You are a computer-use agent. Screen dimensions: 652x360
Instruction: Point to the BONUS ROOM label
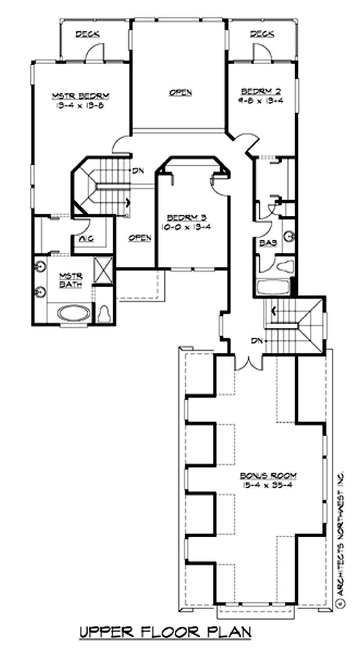pos(268,476)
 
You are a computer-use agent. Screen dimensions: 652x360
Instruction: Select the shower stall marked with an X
pos(104,270)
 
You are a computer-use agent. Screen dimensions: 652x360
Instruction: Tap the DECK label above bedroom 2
pos(262,34)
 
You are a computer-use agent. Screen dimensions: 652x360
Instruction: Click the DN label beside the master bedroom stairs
pos(137,171)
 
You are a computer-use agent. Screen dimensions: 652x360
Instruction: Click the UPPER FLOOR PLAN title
pos(165,633)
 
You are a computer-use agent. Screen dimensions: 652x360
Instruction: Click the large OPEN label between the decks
pos(180,93)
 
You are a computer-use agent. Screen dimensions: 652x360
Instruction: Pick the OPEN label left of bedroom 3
pos(139,238)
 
